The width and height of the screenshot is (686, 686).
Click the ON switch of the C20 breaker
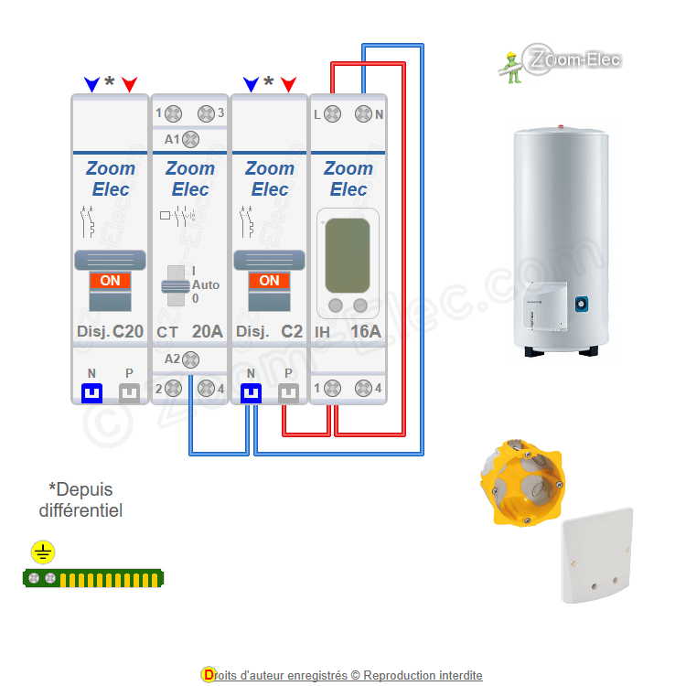[110, 282]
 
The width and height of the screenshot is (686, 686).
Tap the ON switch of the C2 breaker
[269, 282]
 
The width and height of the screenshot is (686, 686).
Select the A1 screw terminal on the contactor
[190, 139]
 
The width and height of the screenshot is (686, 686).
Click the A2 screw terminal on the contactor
[190, 359]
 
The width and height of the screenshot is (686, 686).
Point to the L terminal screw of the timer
[333, 114]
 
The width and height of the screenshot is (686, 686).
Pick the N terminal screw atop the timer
[363, 114]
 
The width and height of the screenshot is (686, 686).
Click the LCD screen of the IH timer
[348, 253]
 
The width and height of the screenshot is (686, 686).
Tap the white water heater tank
[560, 238]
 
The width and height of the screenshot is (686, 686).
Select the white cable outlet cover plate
[596, 555]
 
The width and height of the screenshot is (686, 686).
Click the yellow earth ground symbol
[43, 552]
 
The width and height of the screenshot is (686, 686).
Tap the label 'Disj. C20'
[109, 331]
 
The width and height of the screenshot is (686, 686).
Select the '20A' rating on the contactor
[207, 331]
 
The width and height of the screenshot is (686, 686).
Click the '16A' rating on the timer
[365, 331]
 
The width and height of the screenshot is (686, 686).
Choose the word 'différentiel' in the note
[80, 510]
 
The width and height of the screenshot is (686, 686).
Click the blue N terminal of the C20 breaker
[92, 393]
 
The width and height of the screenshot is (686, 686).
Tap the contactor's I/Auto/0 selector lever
[173, 285]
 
